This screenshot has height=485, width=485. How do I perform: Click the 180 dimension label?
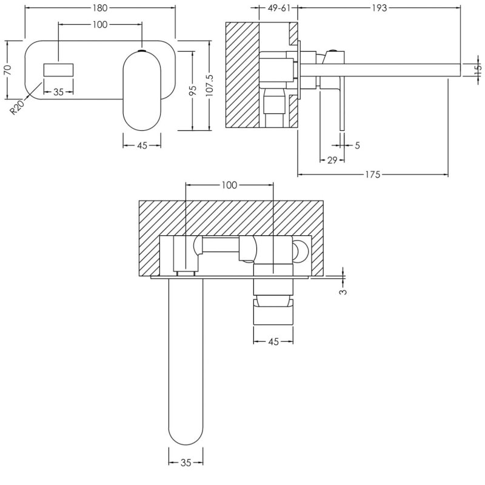click(x=100, y=8)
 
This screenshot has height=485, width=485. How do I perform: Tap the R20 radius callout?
click(x=18, y=107)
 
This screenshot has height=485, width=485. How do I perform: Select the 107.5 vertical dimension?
click(x=210, y=85)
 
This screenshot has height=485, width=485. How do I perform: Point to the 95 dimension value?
click(x=192, y=90)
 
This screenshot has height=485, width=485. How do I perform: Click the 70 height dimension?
click(x=7, y=70)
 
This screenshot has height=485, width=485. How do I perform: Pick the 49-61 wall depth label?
click(x=279, y=8)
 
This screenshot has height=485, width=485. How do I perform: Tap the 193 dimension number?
click(x=380, y=8)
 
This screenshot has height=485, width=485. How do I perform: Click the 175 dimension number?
click(x=372, y=175)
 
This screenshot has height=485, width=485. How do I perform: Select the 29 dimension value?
click(x=332, y=160)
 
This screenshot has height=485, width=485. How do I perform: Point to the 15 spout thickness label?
click(x=478, y=69)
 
